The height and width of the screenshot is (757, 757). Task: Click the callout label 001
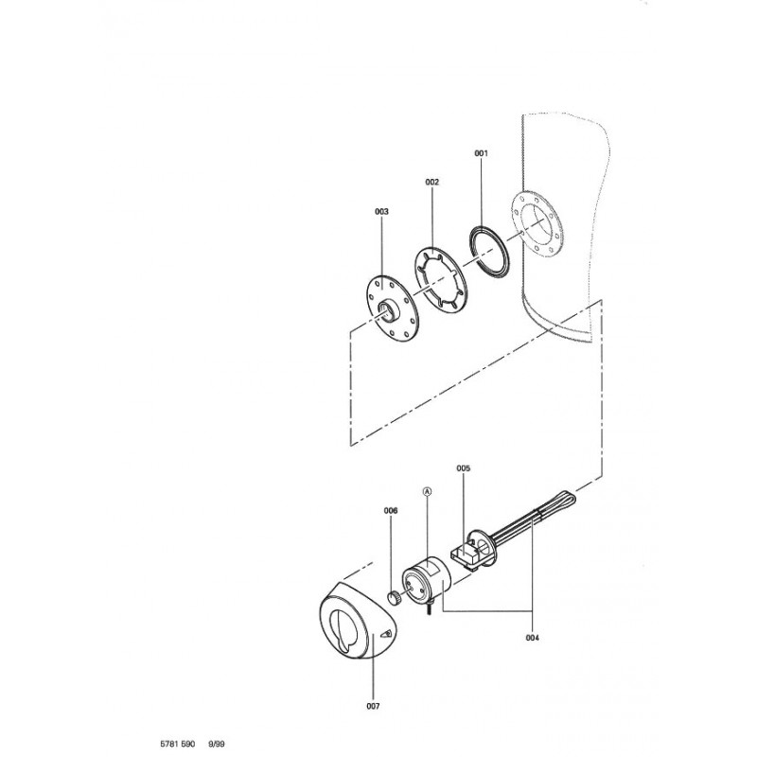(x=481, y=153)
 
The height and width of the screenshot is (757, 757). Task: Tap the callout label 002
(x=432, y=182)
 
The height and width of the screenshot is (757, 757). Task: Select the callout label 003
(x=381, y=211)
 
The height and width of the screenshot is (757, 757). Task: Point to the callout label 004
(x=532, y=638)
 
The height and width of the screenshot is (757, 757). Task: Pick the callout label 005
(x=463, y=468)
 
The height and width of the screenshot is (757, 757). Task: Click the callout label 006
(x=391, y=510)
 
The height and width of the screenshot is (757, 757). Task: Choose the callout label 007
(x=373, y=706)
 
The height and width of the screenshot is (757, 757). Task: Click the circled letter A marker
(x=427, y=491)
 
